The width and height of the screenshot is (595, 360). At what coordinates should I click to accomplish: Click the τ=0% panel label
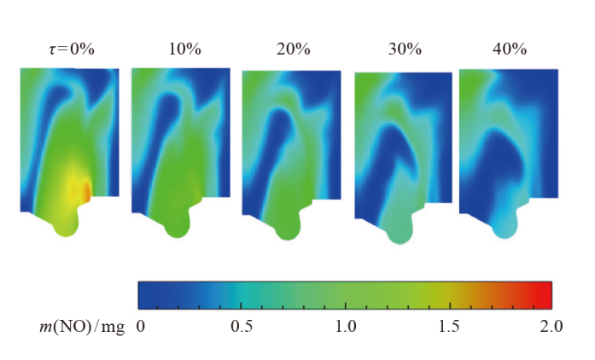[x=71, y=49]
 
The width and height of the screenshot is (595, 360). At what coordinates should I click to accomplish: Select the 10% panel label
[x=185, y=49]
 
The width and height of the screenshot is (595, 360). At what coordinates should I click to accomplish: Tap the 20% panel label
[x=293, y=49]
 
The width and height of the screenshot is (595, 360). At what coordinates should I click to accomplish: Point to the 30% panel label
[x=404, y=49]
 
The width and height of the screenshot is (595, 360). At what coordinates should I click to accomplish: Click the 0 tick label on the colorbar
[x=141, y=326]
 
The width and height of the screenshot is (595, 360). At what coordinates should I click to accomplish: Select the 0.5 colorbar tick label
[x=242, y=326]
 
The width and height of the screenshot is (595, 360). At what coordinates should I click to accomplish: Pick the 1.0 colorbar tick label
[x=345, y=326]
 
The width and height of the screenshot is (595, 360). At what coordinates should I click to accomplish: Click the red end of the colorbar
[x=546, y=294]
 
